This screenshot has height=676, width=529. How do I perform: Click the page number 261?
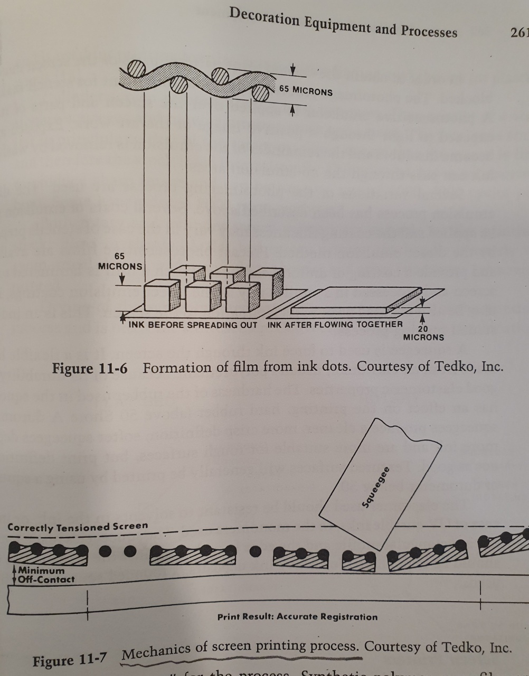(x=519, y=33)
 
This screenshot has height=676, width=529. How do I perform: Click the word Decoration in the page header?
(x=264, y=19)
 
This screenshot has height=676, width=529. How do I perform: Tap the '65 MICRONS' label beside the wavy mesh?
(x=306, y=90)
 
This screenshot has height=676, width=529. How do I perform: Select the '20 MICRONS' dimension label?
(x=423, y=333)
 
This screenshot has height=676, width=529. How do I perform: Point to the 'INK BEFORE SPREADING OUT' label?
(x=193, y=325)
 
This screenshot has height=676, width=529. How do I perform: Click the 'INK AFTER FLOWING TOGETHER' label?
(x=335, y=325)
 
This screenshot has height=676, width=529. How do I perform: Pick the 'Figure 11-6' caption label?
(x=89, y=368)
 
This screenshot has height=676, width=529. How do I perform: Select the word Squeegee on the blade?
(x=376, y=487)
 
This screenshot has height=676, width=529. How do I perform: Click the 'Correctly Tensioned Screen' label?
(x=78, y=527)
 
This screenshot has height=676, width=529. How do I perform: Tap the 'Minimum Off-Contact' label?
(x=45, y=575)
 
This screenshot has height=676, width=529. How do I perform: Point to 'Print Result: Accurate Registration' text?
(x=297, y=616)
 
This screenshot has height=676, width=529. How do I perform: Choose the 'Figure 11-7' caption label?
(x=70, y=660)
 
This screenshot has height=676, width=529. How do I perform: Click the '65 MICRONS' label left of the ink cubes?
(x=120, y=261)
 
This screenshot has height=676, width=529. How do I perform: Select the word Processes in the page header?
(x=428, y=31)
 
